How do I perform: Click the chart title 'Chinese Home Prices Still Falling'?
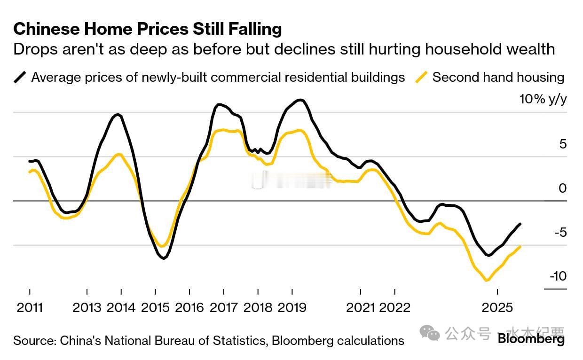pos(148,29)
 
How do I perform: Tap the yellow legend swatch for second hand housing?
pos(422,77)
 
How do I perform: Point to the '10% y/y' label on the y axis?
pos(543,99)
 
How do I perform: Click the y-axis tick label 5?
pos(563,144)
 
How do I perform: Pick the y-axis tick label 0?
pos(563,188)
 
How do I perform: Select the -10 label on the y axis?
pos(558,276)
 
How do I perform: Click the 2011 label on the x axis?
pos(30,307)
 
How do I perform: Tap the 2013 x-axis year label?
pos(87,307)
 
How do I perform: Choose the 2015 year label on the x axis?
pos(156,307)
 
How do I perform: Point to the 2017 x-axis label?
pos(224,307)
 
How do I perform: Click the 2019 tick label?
pos(292,307)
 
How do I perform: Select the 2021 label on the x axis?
pos(361,307)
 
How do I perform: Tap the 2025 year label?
pos(497,307)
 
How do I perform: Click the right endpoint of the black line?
pos(520,224)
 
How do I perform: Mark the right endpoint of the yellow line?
pos(520,246)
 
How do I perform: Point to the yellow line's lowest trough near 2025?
pos(487,280)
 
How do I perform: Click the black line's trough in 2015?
pos(164,258)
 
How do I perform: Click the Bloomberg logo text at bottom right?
pos(531,338)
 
